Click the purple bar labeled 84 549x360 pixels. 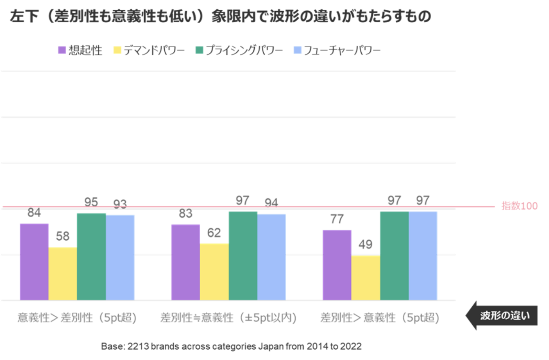pyautogui.click(x=34, y=262)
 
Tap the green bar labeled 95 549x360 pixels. pyautogui.click(x=91, y=257)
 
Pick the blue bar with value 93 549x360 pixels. pyautogui.click(x=120, y=257)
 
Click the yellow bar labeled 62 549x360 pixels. pyautogui.click(x=214, y=272)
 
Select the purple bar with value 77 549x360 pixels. pyautogui.click(x=337, y=265)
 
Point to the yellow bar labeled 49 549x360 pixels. pyautogui.click(x=365, y=278)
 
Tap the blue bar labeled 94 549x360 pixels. pyautogui.click(x=271, y=257)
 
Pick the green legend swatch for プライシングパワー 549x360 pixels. pyautogui.click(x=199, y=50)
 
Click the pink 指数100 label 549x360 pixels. pyautogui.click(x=519, y=206)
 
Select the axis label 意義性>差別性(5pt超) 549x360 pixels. pyautogui.click(x=77, y=318)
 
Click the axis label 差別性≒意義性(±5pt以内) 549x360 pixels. pyautogui.click(x=229, y=318)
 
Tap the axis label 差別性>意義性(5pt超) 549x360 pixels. pyautogui.click(x=380, y=318)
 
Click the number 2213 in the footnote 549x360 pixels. pyautogui.click(x=137, y=346)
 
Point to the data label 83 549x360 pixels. pyautogui.click(x=185, y=213)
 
